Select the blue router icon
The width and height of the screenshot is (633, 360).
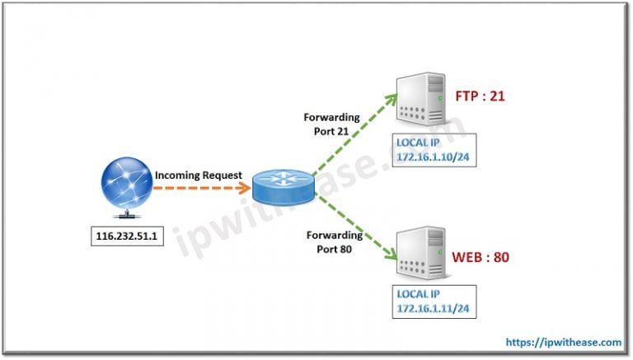coord(281,187)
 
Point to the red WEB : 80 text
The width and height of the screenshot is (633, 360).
coord(481,258)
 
